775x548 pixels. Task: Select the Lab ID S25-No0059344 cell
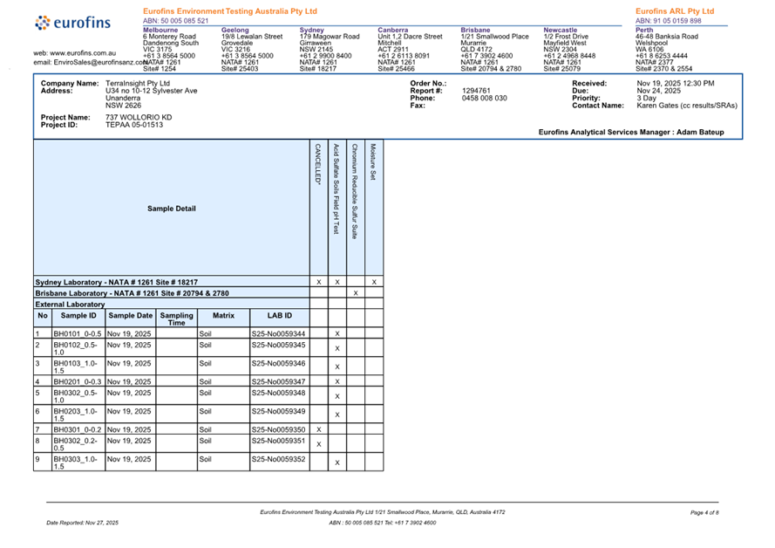point(278,334)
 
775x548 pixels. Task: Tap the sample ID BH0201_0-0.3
point(78,381)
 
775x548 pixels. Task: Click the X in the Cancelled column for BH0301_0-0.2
point(318,429)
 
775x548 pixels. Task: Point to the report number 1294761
point(476,90)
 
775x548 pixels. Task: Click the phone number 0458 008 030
point(485,98)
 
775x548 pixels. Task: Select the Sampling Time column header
point(177,319)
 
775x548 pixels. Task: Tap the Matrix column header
point(224,315)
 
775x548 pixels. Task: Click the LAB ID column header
point(279,315)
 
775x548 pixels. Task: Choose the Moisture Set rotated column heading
point(373,161)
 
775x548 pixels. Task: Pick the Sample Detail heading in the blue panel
point(172,209)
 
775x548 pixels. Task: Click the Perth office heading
point(645,30)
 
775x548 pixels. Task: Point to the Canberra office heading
point(392,30)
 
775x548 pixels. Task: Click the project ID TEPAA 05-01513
point(134,125)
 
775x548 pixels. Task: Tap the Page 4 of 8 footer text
point(704,512)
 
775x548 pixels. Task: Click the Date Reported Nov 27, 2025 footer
point(82,522)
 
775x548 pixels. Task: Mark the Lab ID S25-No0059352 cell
point(278,459)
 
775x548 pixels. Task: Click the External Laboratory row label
point(70,305)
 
